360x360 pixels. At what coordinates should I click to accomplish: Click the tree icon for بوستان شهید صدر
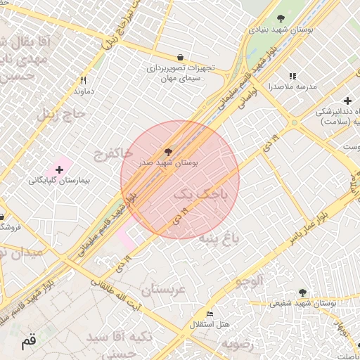pos(167,151)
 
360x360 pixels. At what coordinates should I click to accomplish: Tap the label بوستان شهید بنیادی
pos(281,30)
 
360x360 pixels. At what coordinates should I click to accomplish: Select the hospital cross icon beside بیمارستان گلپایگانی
pos(59,169)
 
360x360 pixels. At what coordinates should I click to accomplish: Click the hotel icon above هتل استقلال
pos(210,314)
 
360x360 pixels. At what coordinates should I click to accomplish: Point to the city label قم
pos(27,342)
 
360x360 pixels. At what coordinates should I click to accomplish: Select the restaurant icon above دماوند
pos(83,80)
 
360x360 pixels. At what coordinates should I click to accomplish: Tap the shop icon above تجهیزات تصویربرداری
pos(181,57)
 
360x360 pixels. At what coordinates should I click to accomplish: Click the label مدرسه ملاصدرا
pos(292,87)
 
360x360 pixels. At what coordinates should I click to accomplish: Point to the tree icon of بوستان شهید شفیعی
pos(302,292)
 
